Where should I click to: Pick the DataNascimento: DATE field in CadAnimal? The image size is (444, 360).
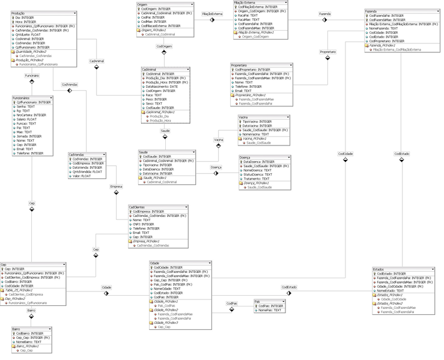tap(162, 86)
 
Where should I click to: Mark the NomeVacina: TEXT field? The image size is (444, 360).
tap(255, 134)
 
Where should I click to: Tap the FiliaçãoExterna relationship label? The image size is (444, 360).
tap(211, 13)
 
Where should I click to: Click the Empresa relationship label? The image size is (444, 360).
tap(116, 187)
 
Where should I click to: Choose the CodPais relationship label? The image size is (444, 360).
tap(231, 303)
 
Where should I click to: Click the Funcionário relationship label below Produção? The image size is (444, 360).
tap(32, 76)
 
